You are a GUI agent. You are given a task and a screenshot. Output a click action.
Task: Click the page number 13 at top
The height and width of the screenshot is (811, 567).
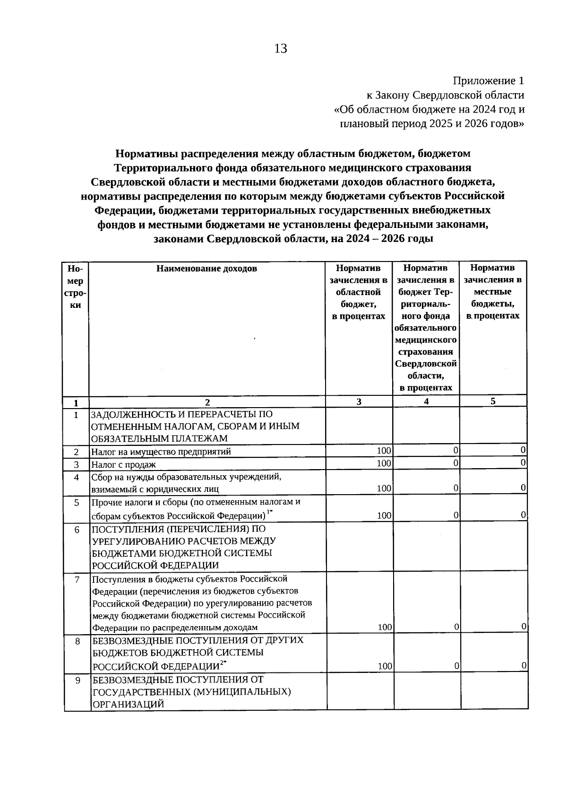[x=280, y=49]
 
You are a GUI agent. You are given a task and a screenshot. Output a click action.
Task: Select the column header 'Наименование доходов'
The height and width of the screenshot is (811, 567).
[x=207, y=269]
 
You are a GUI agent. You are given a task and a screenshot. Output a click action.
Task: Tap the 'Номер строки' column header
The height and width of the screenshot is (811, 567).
[x=75, y=287]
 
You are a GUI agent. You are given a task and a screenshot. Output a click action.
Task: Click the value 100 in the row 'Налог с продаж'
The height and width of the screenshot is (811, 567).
[x=384, y=463]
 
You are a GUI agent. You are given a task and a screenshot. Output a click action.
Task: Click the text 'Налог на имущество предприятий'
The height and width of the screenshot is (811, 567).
[x=161, y=452]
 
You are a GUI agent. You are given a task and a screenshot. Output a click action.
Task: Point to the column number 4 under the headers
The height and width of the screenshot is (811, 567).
[x=426, y=401]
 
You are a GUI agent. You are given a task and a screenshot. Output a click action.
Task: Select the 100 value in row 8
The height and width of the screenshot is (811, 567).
[x=385, y=666]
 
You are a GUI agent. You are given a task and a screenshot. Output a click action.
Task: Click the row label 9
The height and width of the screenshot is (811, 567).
[x=77, y=680]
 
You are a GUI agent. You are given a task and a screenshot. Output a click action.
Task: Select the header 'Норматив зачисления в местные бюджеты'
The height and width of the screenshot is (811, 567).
[x=493, y=292]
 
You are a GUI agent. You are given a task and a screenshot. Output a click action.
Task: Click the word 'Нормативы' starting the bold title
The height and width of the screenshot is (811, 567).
[x=147, y=154]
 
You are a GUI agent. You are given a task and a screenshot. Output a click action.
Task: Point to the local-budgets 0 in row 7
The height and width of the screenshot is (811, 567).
[x=524, y=627]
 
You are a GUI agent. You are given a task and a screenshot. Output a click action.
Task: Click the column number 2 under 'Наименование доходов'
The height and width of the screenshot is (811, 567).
[x=207, y=402]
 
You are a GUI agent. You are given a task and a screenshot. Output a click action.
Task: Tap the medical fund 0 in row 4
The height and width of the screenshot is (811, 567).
[x=456, y=488]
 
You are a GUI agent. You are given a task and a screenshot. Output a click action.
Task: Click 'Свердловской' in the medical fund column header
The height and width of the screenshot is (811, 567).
[x=426, y=364]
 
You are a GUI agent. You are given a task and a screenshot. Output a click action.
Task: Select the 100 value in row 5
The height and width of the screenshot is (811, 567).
[x=384, y=515]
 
